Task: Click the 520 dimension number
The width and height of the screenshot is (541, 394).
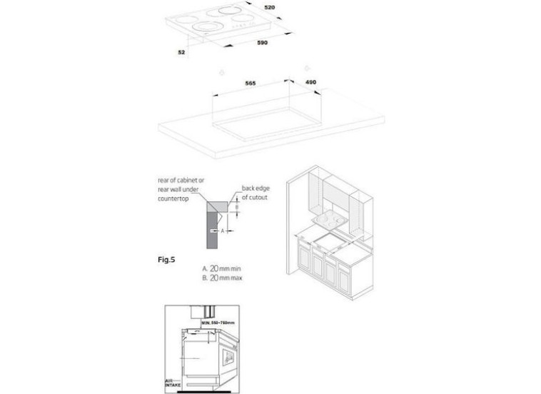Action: point(270,6)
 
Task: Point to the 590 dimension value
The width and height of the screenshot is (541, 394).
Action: point(262,44)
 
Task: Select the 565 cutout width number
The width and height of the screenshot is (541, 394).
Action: point(251,84)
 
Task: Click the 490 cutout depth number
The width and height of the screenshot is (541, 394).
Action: point(310,84)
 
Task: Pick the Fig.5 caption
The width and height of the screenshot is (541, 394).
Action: point(165,258)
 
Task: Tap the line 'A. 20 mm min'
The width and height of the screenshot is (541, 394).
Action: point(222,268)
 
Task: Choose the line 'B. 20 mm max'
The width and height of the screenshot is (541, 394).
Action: point(223,278)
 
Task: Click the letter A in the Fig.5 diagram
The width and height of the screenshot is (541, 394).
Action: point(223,231)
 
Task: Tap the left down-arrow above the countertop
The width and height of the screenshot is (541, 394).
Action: point(222,71)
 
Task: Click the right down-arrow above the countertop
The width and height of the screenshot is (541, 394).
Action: point(306,69)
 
